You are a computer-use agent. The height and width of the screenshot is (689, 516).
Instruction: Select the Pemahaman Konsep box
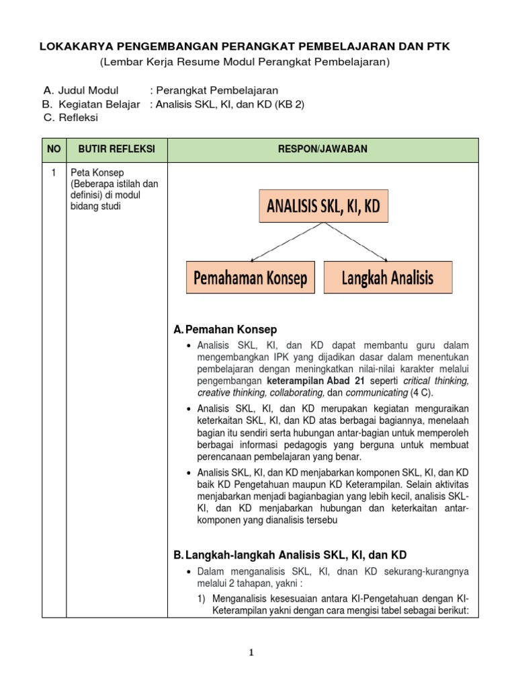coord(249,277)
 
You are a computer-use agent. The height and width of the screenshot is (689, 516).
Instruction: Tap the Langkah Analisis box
coord(388,277)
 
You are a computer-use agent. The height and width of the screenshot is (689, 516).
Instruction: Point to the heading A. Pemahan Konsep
coord(225,329)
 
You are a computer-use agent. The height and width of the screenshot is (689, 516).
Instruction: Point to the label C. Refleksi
coord(71,117)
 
